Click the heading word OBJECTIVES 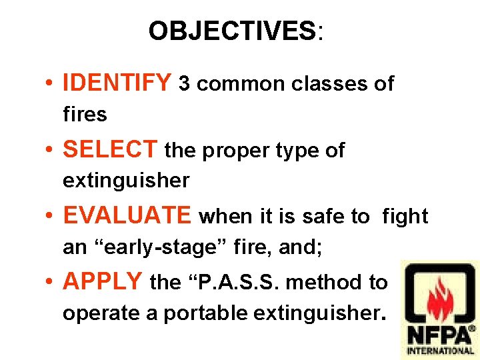(x=232, y=31)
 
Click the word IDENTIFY (x=117, y=83)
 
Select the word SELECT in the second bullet (x=110, y=150)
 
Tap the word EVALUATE (x=127, y=216)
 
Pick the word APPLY (x=103, y=282)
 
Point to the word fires (x=85, y=115)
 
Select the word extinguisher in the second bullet (x=126, y=181)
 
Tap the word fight (x=405, y=216)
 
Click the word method (x=327, y=283)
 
